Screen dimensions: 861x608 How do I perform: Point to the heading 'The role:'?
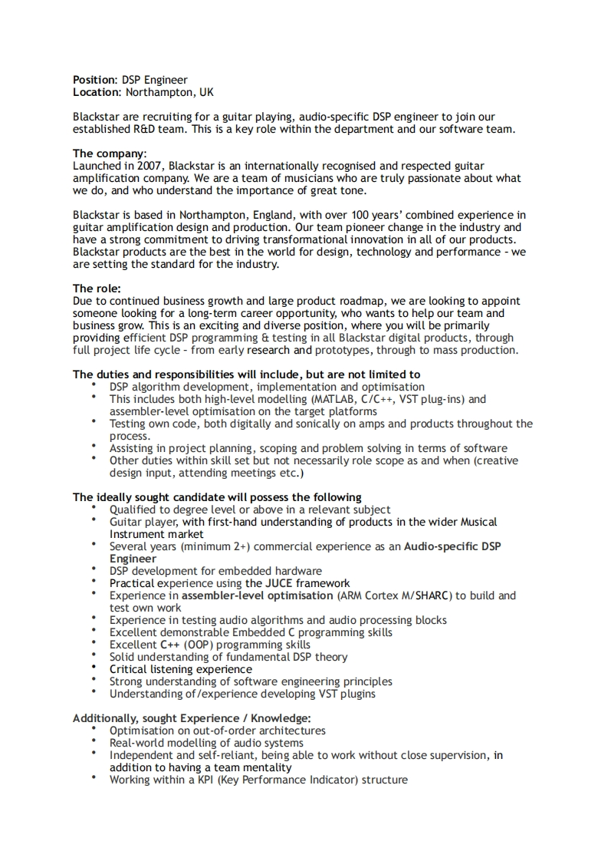97,289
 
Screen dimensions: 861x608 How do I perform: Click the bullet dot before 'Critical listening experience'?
94,668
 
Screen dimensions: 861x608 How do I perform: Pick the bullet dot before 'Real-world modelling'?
94,741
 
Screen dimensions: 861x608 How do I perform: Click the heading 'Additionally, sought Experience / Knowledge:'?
192,718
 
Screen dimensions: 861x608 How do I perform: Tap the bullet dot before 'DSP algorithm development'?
94,385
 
